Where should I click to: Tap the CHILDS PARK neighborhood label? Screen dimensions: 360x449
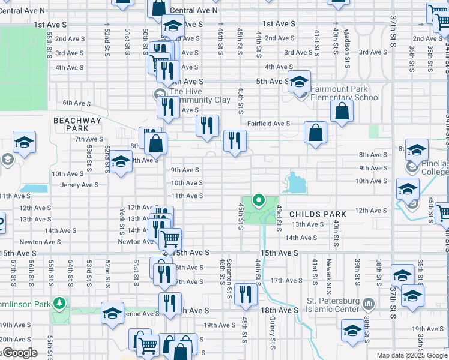click(x=318, y=214)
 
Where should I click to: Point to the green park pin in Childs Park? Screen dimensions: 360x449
click(x=259, y=200)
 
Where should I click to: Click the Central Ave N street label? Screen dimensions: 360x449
click(x=194, y=11)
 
